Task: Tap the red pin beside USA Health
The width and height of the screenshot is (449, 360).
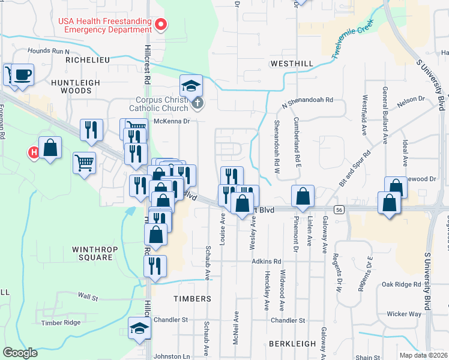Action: coord(161,25)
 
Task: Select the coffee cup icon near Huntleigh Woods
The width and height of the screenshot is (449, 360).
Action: coord(23,75)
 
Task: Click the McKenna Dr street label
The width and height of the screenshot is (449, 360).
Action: coord(172,121)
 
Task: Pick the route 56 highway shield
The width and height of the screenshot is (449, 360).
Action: coord(340,209)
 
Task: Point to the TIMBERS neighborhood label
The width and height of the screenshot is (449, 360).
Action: coord(193,298)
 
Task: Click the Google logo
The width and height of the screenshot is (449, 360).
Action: coord(20,353)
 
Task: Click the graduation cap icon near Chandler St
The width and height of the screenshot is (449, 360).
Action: coord(139,328)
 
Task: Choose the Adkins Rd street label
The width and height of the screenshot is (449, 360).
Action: coord(267,262)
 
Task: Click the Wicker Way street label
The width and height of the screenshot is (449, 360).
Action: coord(404,314)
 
